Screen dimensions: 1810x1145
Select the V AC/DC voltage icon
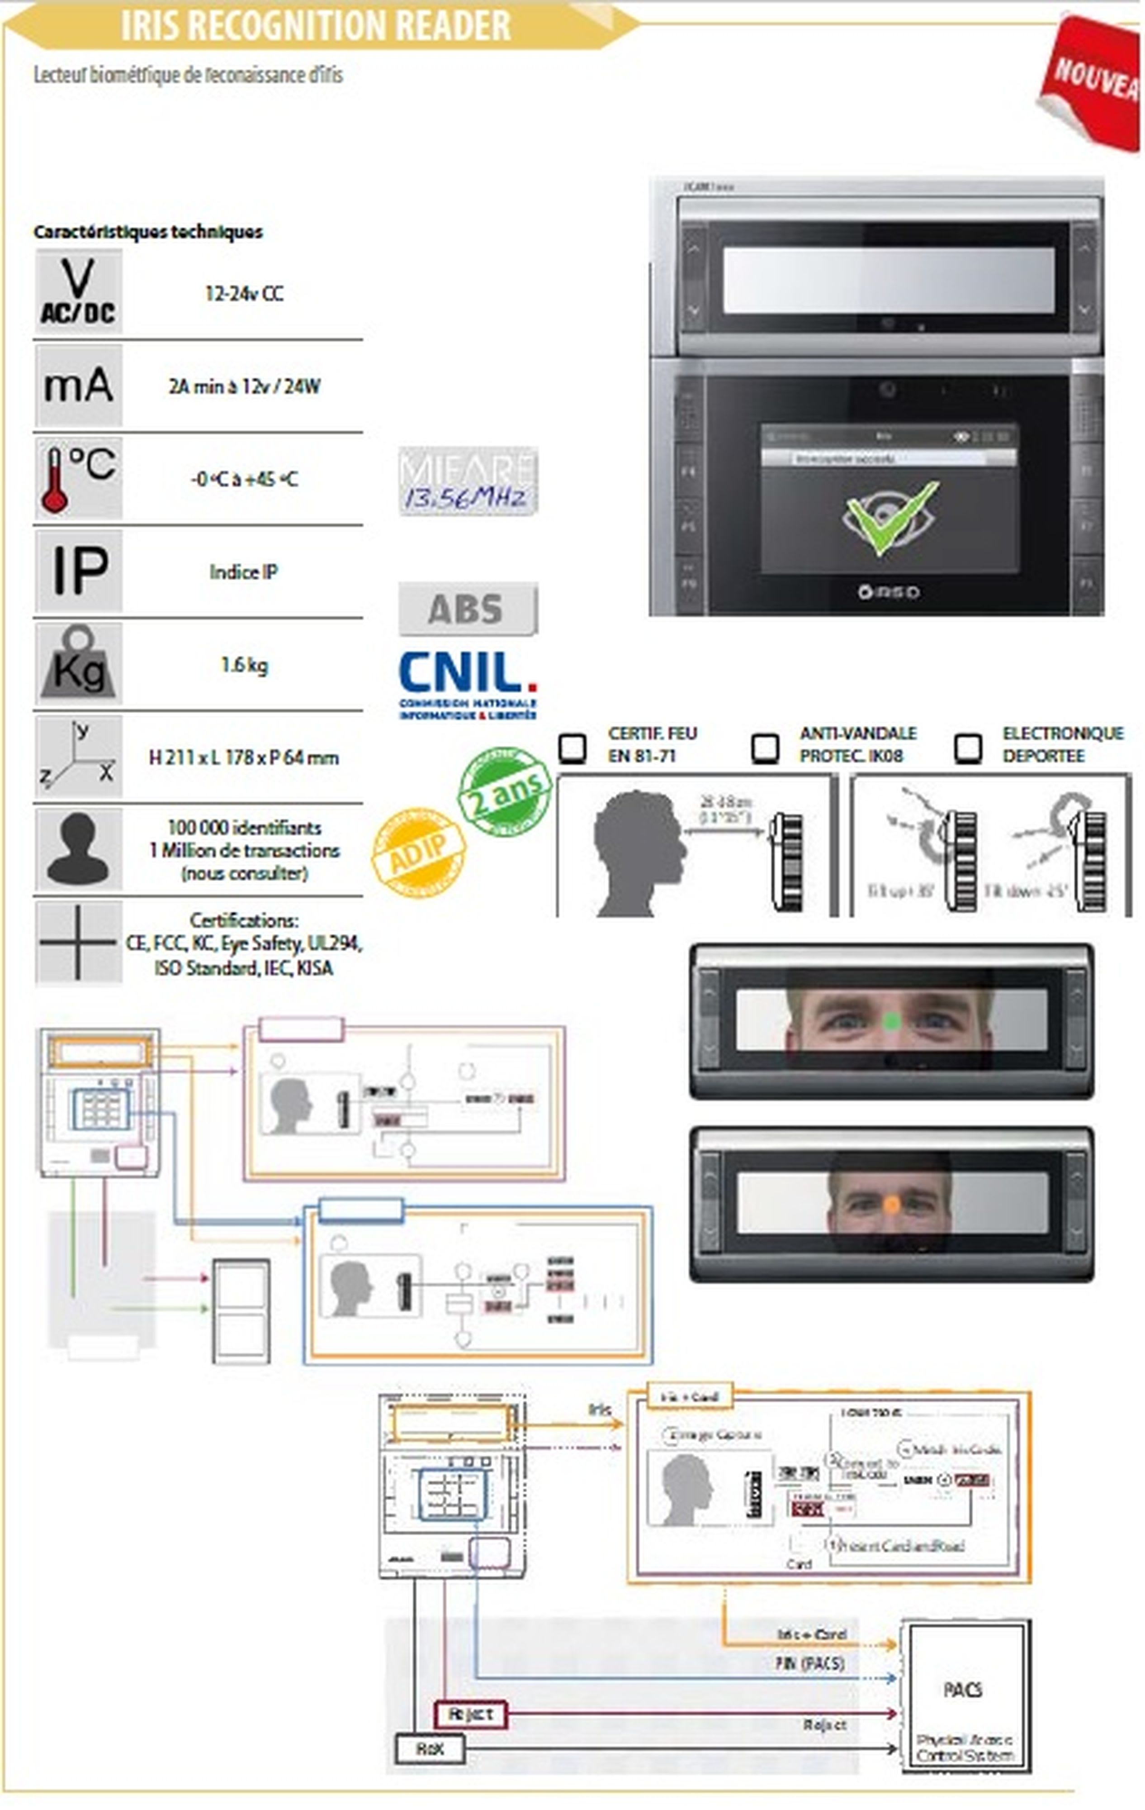tap(78, 292)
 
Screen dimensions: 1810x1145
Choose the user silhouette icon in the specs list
tap(78, 849)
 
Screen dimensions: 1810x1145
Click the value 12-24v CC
tap(244, 293)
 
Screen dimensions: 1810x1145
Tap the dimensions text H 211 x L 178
tap(244, 757)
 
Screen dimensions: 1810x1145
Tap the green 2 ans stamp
tap(504, 791)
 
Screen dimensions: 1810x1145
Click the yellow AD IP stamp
tap(418, 853)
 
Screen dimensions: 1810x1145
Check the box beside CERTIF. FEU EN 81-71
tap(572, 747)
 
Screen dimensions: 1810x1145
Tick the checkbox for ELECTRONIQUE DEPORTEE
tap(968, 747)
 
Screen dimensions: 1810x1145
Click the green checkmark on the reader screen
tap(890, 518)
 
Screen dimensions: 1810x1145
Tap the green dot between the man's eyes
tap(892, 1021)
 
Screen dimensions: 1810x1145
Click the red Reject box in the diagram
tap(470, 1714)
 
